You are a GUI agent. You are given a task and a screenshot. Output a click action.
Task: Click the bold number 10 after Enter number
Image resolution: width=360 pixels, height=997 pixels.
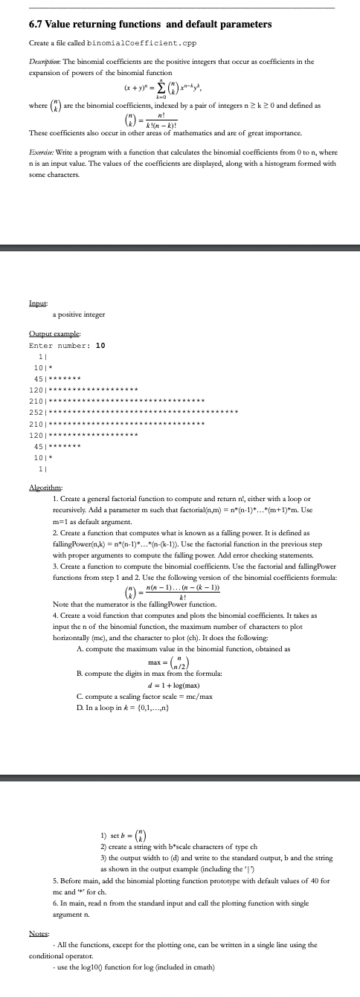pyautogui.click(x=100, y=346)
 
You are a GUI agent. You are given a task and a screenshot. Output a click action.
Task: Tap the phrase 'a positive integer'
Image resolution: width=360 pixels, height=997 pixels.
pyautogui.click(x=78, y=315)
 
